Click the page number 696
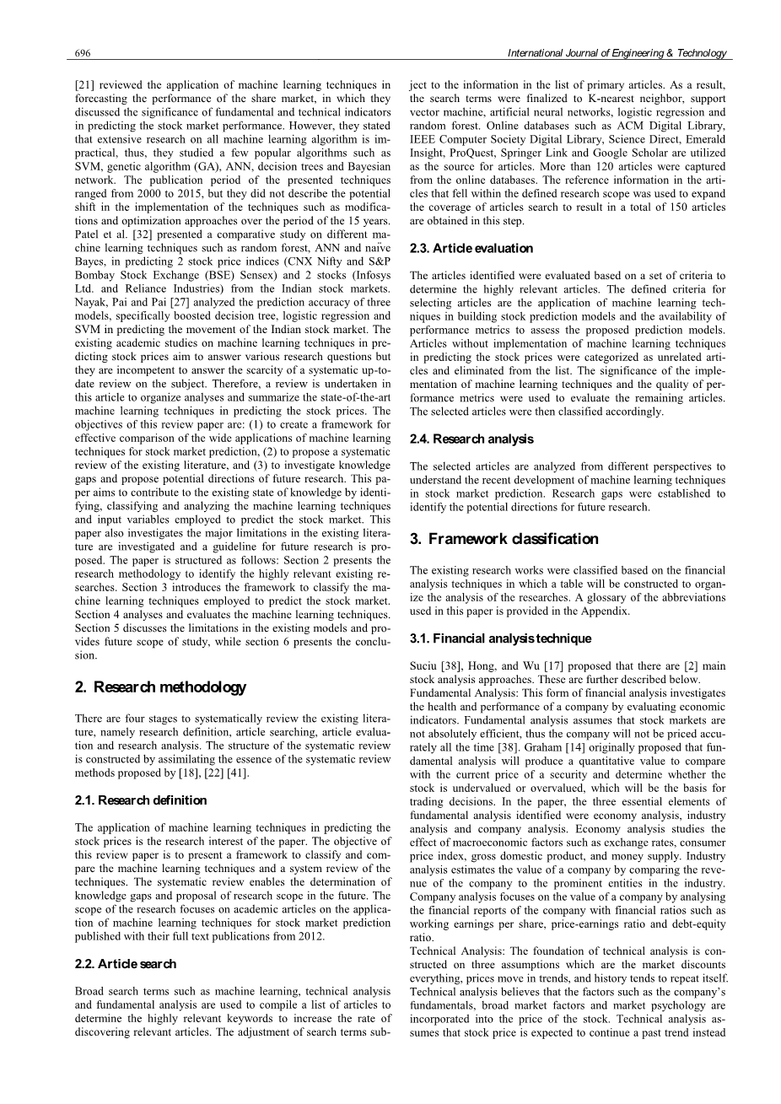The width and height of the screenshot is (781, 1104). click(83, 53)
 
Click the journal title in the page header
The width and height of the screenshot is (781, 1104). click(616, 53)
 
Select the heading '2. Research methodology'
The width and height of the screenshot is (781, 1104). click(160, 687)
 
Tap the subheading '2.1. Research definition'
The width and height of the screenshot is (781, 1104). click(141, 800)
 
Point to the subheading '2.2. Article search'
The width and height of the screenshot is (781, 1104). click(126, 963)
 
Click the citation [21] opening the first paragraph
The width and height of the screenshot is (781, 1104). click(83, 85)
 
